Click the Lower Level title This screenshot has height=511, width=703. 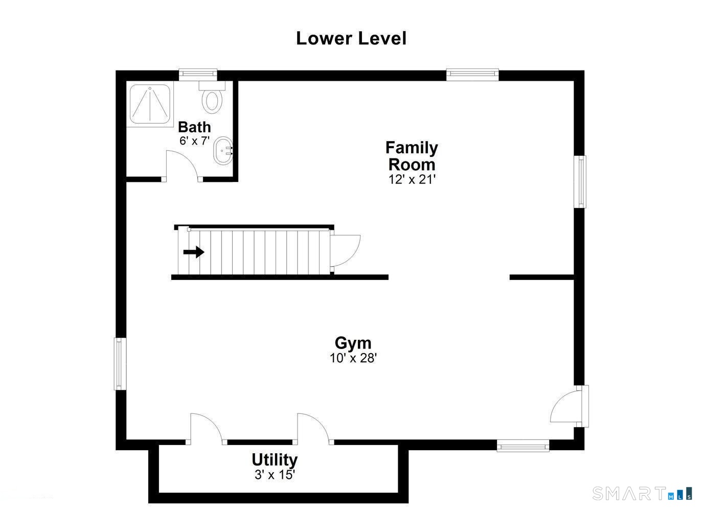(x=351, y=38)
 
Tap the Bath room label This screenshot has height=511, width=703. (x=194, y=127)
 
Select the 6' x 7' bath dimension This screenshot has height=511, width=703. (x=194, y=141)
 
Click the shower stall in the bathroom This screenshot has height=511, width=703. (x=150, y=104)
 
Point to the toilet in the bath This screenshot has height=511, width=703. (x=212, y=98)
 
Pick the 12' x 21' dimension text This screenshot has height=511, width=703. (x=412, y=179)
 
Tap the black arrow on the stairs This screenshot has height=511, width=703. (x=194, y=252)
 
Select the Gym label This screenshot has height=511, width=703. (x=353, y=342)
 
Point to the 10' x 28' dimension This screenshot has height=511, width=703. (x=353, y=358)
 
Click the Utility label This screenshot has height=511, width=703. (x=275, y=460)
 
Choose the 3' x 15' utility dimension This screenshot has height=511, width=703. (x=275, y=475)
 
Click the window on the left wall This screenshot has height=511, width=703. (x=119, y=363)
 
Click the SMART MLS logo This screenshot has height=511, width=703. (x=642, y=493)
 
